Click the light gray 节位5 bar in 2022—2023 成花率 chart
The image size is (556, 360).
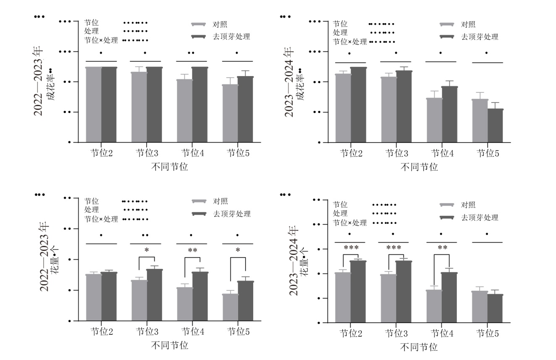click(x=230, y=113)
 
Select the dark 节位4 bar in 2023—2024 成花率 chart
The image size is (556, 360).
click(x=449, y=114)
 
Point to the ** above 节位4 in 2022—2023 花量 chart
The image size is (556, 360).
click(x=193, y=251)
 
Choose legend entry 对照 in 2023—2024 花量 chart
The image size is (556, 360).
click(x=468, y=205)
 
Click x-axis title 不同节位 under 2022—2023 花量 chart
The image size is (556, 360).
click(x=170, y=346)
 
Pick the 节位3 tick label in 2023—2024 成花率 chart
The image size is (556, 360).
click(x=396, y=153)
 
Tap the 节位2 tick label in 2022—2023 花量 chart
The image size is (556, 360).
click(x=102, y=332)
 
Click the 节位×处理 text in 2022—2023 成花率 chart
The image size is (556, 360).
click(x=101, y=40)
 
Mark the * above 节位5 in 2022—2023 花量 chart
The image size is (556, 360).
click(x=238, y=251)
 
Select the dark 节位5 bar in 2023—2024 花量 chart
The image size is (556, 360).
click(x=495, y=308)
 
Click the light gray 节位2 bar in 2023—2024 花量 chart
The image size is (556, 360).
click(x=343, y=297)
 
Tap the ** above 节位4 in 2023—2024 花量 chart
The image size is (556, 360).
click(x=442, y=248)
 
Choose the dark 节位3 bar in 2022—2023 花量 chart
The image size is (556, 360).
click(x=155, y=295)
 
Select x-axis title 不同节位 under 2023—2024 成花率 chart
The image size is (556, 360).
click(x=419, y=167)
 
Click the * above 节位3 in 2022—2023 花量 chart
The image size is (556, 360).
click(x=147, y=251)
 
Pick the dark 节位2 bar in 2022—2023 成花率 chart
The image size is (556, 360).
click(x=109, y=105)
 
